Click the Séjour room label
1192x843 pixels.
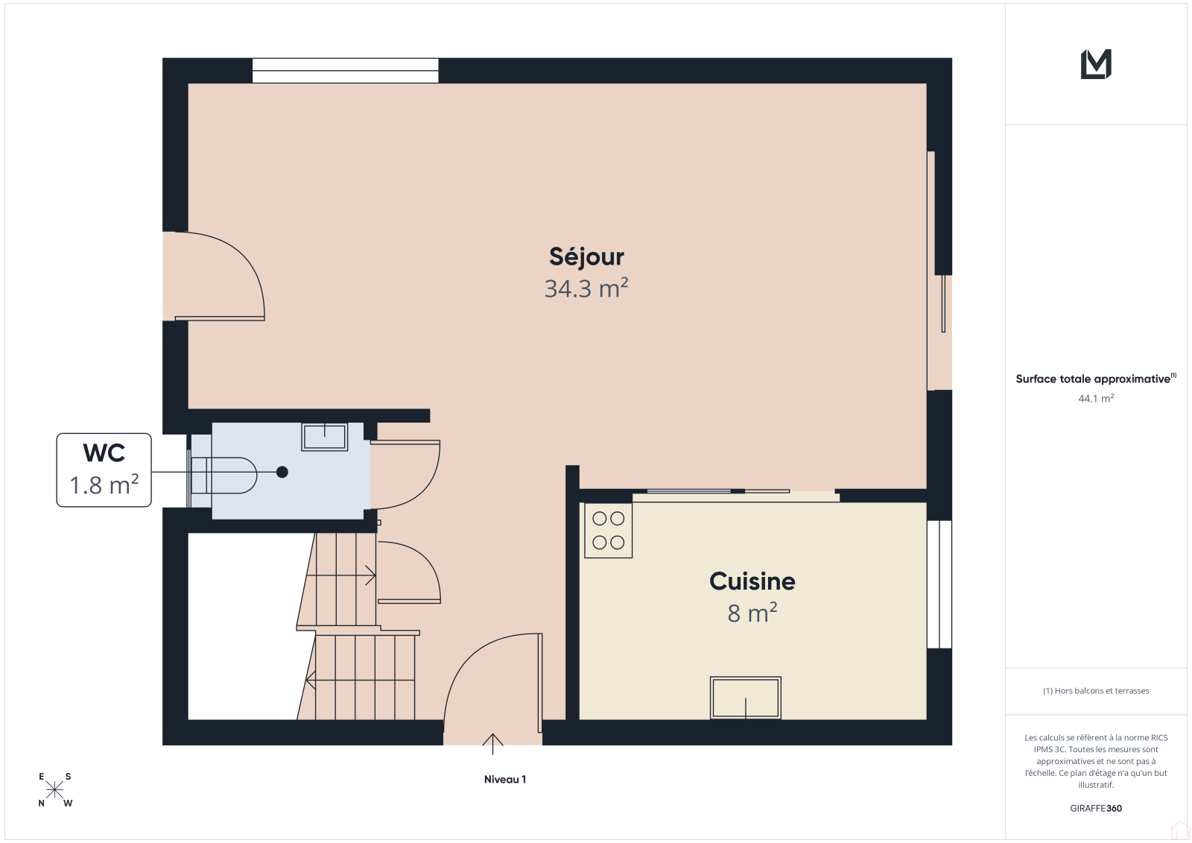point(586,256)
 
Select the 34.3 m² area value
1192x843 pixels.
point(586,288)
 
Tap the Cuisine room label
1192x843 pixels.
point(752,581)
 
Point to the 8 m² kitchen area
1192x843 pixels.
point(752,613)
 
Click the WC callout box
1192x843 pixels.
point(104,470)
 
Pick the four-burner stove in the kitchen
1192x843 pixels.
point(608,531)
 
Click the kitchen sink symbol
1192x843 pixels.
point(746,697)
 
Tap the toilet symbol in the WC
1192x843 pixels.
point(223,475)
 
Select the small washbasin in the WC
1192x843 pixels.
point(325,438)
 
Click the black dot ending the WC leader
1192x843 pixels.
point(282,472)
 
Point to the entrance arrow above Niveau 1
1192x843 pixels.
point(492,744)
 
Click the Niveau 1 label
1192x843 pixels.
point(505,779)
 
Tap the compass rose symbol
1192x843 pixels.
point(55,789)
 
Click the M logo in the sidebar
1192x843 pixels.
point(1096,64)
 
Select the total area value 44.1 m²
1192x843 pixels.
point(1096,398)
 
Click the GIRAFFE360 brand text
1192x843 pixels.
point(1096,808)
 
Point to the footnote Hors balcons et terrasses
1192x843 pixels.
point(1096,691)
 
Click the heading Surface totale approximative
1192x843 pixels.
point(1093,379)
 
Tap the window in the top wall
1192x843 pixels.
point(346,71)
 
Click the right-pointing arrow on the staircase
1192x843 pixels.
point(341,575)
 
